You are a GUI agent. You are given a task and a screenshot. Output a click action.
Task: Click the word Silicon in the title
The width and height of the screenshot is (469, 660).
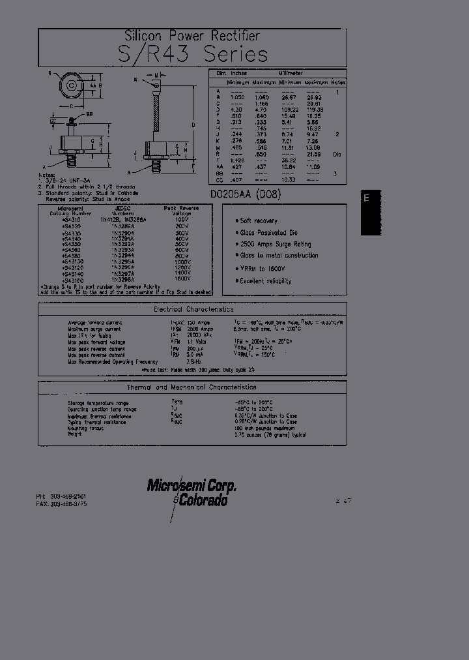point(142,36)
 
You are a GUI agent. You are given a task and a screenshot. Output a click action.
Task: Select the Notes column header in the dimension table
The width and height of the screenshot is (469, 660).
point(337,83)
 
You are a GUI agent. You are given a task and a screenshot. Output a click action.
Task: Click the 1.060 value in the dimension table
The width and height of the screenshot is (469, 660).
point(260,96)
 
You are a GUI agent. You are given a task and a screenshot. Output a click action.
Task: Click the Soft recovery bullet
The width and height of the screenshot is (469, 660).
point(259,221)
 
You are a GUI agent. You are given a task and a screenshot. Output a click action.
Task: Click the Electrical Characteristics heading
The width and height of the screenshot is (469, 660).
point(193,310)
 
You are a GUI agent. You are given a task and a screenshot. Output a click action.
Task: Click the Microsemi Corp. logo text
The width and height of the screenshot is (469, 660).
point(192,486)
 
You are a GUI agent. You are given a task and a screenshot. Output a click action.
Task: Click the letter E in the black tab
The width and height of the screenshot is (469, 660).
point(367,198)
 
